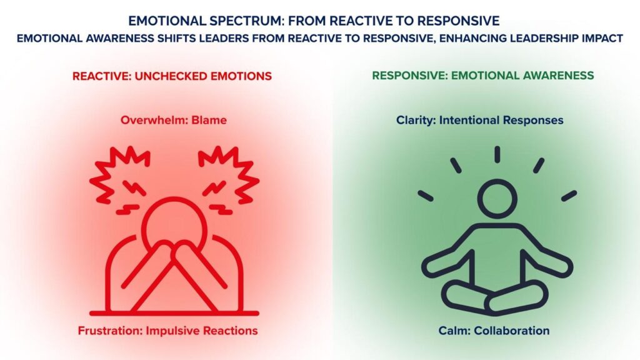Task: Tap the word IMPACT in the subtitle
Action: [599, 38]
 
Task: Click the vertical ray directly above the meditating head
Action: [497, 154]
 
